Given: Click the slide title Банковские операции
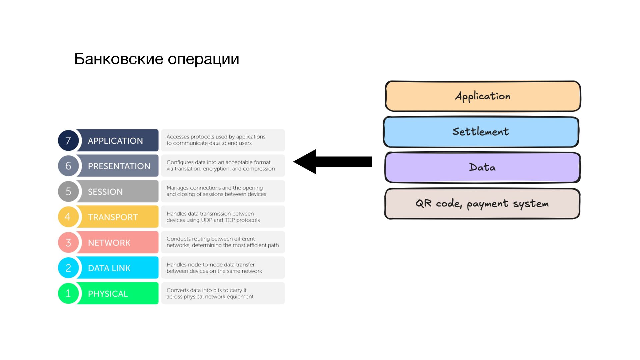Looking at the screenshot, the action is pos(157,59).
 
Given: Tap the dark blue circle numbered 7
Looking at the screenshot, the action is pos(68,140).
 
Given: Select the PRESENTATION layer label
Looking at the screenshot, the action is pos(119,166).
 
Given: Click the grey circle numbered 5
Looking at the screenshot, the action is pos(68,191).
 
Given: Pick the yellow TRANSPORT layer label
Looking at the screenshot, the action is pos(113,217).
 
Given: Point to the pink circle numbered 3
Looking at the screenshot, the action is pos(68,242).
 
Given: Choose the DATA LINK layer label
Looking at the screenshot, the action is pos(109,268).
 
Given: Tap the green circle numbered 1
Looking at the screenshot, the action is pos(68,293).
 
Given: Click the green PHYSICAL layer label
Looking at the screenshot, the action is pos(108,294).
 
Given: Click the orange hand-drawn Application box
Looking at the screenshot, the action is pos(483,96).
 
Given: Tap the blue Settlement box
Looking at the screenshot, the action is pos(481,132).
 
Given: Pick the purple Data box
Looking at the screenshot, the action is pos(482,167).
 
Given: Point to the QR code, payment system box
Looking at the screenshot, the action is pos(482,204).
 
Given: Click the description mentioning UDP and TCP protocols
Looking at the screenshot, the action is pos(223,217).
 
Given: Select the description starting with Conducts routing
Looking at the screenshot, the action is pos(223,242).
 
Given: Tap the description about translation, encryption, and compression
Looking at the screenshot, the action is pos(223,165).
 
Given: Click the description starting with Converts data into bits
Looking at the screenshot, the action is pos(223,293).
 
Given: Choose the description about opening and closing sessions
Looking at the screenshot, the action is pos(223,191).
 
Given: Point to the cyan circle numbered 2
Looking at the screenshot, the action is pos(68,268).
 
